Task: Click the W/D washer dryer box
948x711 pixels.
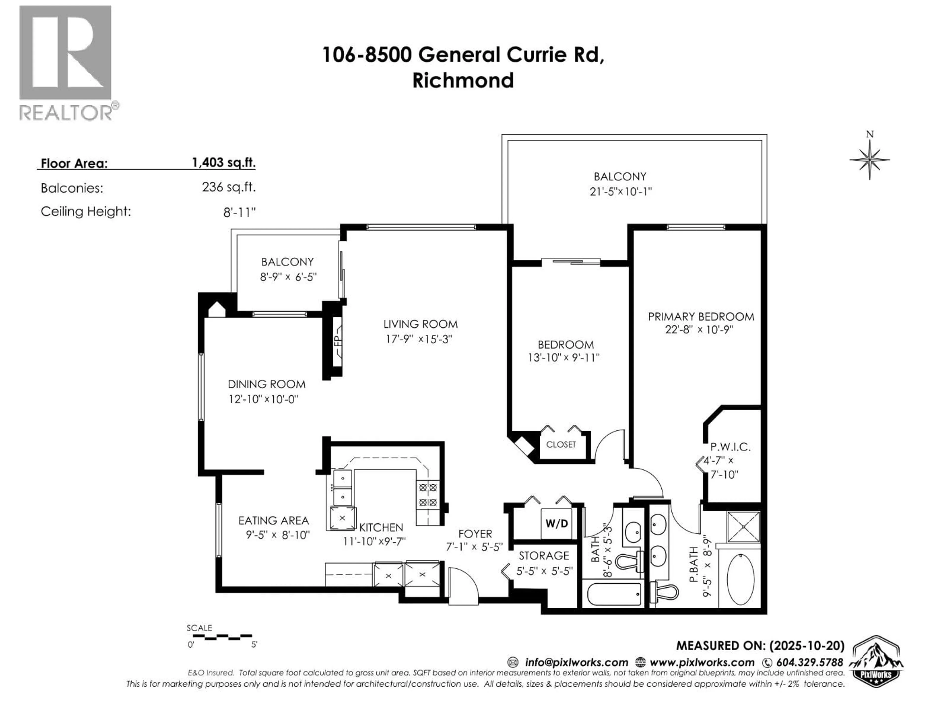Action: pos(556,523)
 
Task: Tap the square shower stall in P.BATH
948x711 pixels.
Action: pos(743,527)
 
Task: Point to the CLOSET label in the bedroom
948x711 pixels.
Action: pos(561,444)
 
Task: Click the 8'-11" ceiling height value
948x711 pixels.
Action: pos(239,212)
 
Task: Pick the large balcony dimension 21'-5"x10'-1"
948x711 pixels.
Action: pos(620,191)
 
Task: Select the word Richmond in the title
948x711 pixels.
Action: pos(463,80)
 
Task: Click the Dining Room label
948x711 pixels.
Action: pos(267,384)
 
